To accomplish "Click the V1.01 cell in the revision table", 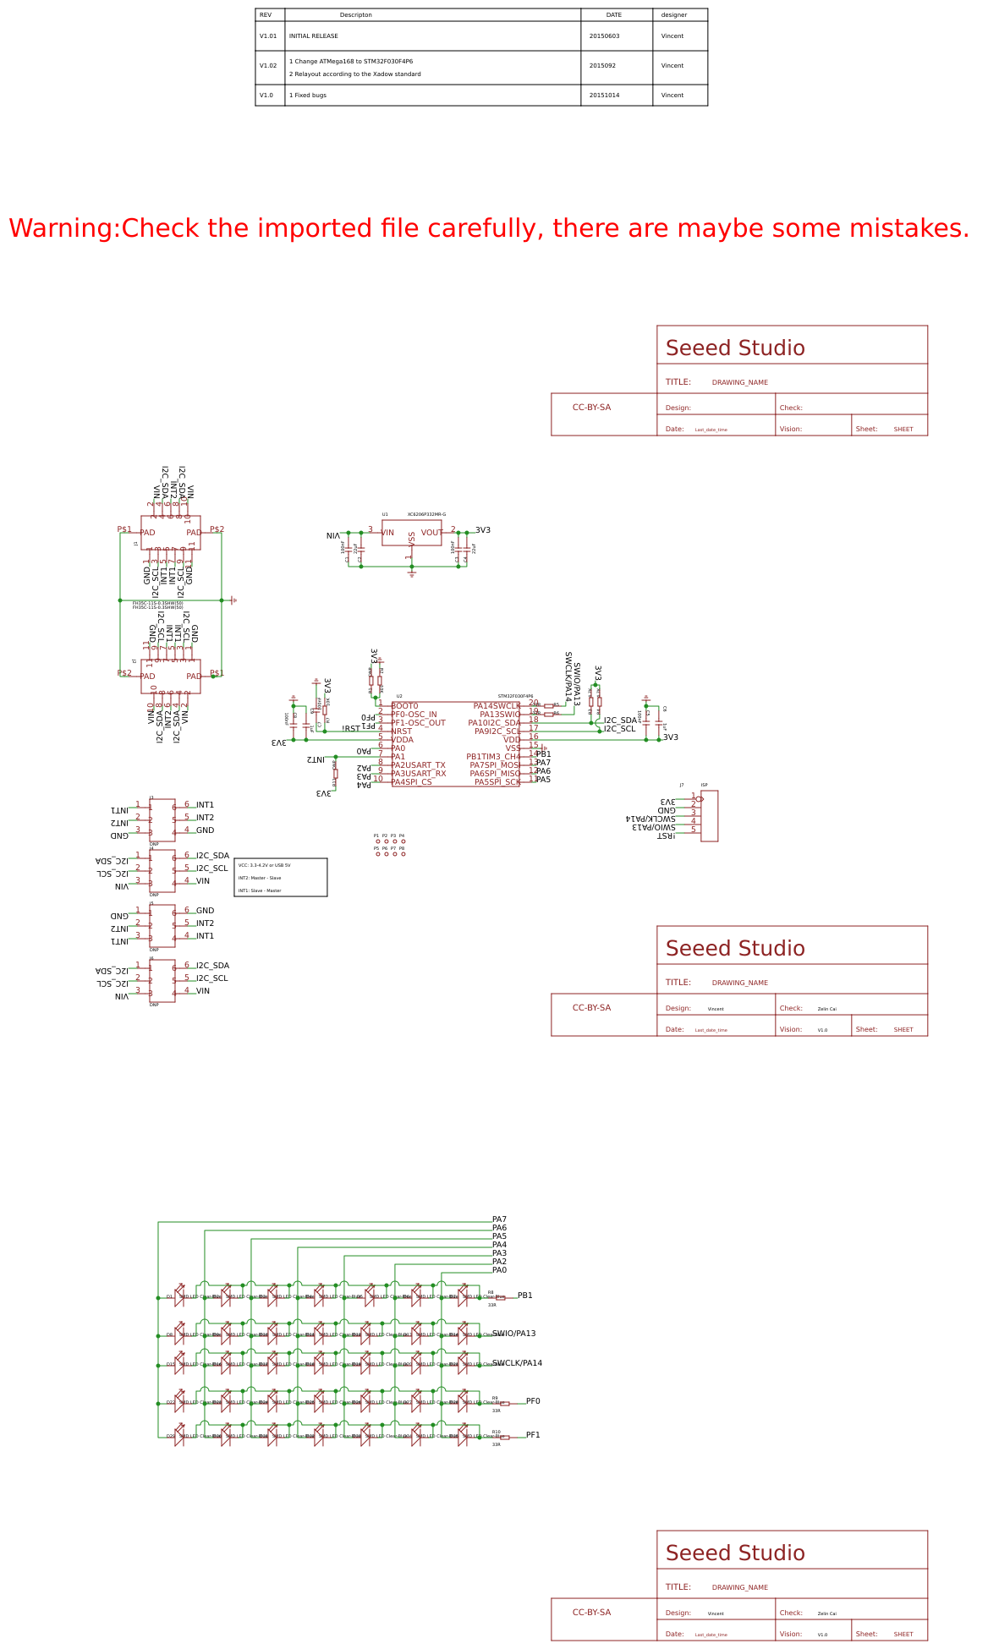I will click(268, 36).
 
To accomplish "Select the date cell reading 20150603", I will click(604, 36).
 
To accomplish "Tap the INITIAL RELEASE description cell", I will click(314, 36).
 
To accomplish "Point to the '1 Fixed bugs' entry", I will click(308, 96).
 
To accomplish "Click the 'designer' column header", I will click(674, 15).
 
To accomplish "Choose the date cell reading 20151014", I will click(604, 96).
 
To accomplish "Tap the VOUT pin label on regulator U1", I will click(431, 533).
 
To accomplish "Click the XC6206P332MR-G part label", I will click(426, 514).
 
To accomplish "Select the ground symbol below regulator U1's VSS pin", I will click(412, 573).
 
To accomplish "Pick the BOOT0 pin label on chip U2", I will click(404, 706).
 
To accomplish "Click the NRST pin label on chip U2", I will click(402, 731).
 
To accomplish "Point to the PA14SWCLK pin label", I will click(497, 706).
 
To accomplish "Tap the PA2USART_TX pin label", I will click(418, 765).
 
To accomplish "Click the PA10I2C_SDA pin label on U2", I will click(495, 723).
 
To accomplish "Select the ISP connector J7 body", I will click(709, 816).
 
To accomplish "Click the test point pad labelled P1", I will click(378, 841).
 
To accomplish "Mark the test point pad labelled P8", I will click(403, 854).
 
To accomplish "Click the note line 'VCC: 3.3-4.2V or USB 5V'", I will click(264, 865).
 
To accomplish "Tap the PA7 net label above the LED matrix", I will click(499, 1219).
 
